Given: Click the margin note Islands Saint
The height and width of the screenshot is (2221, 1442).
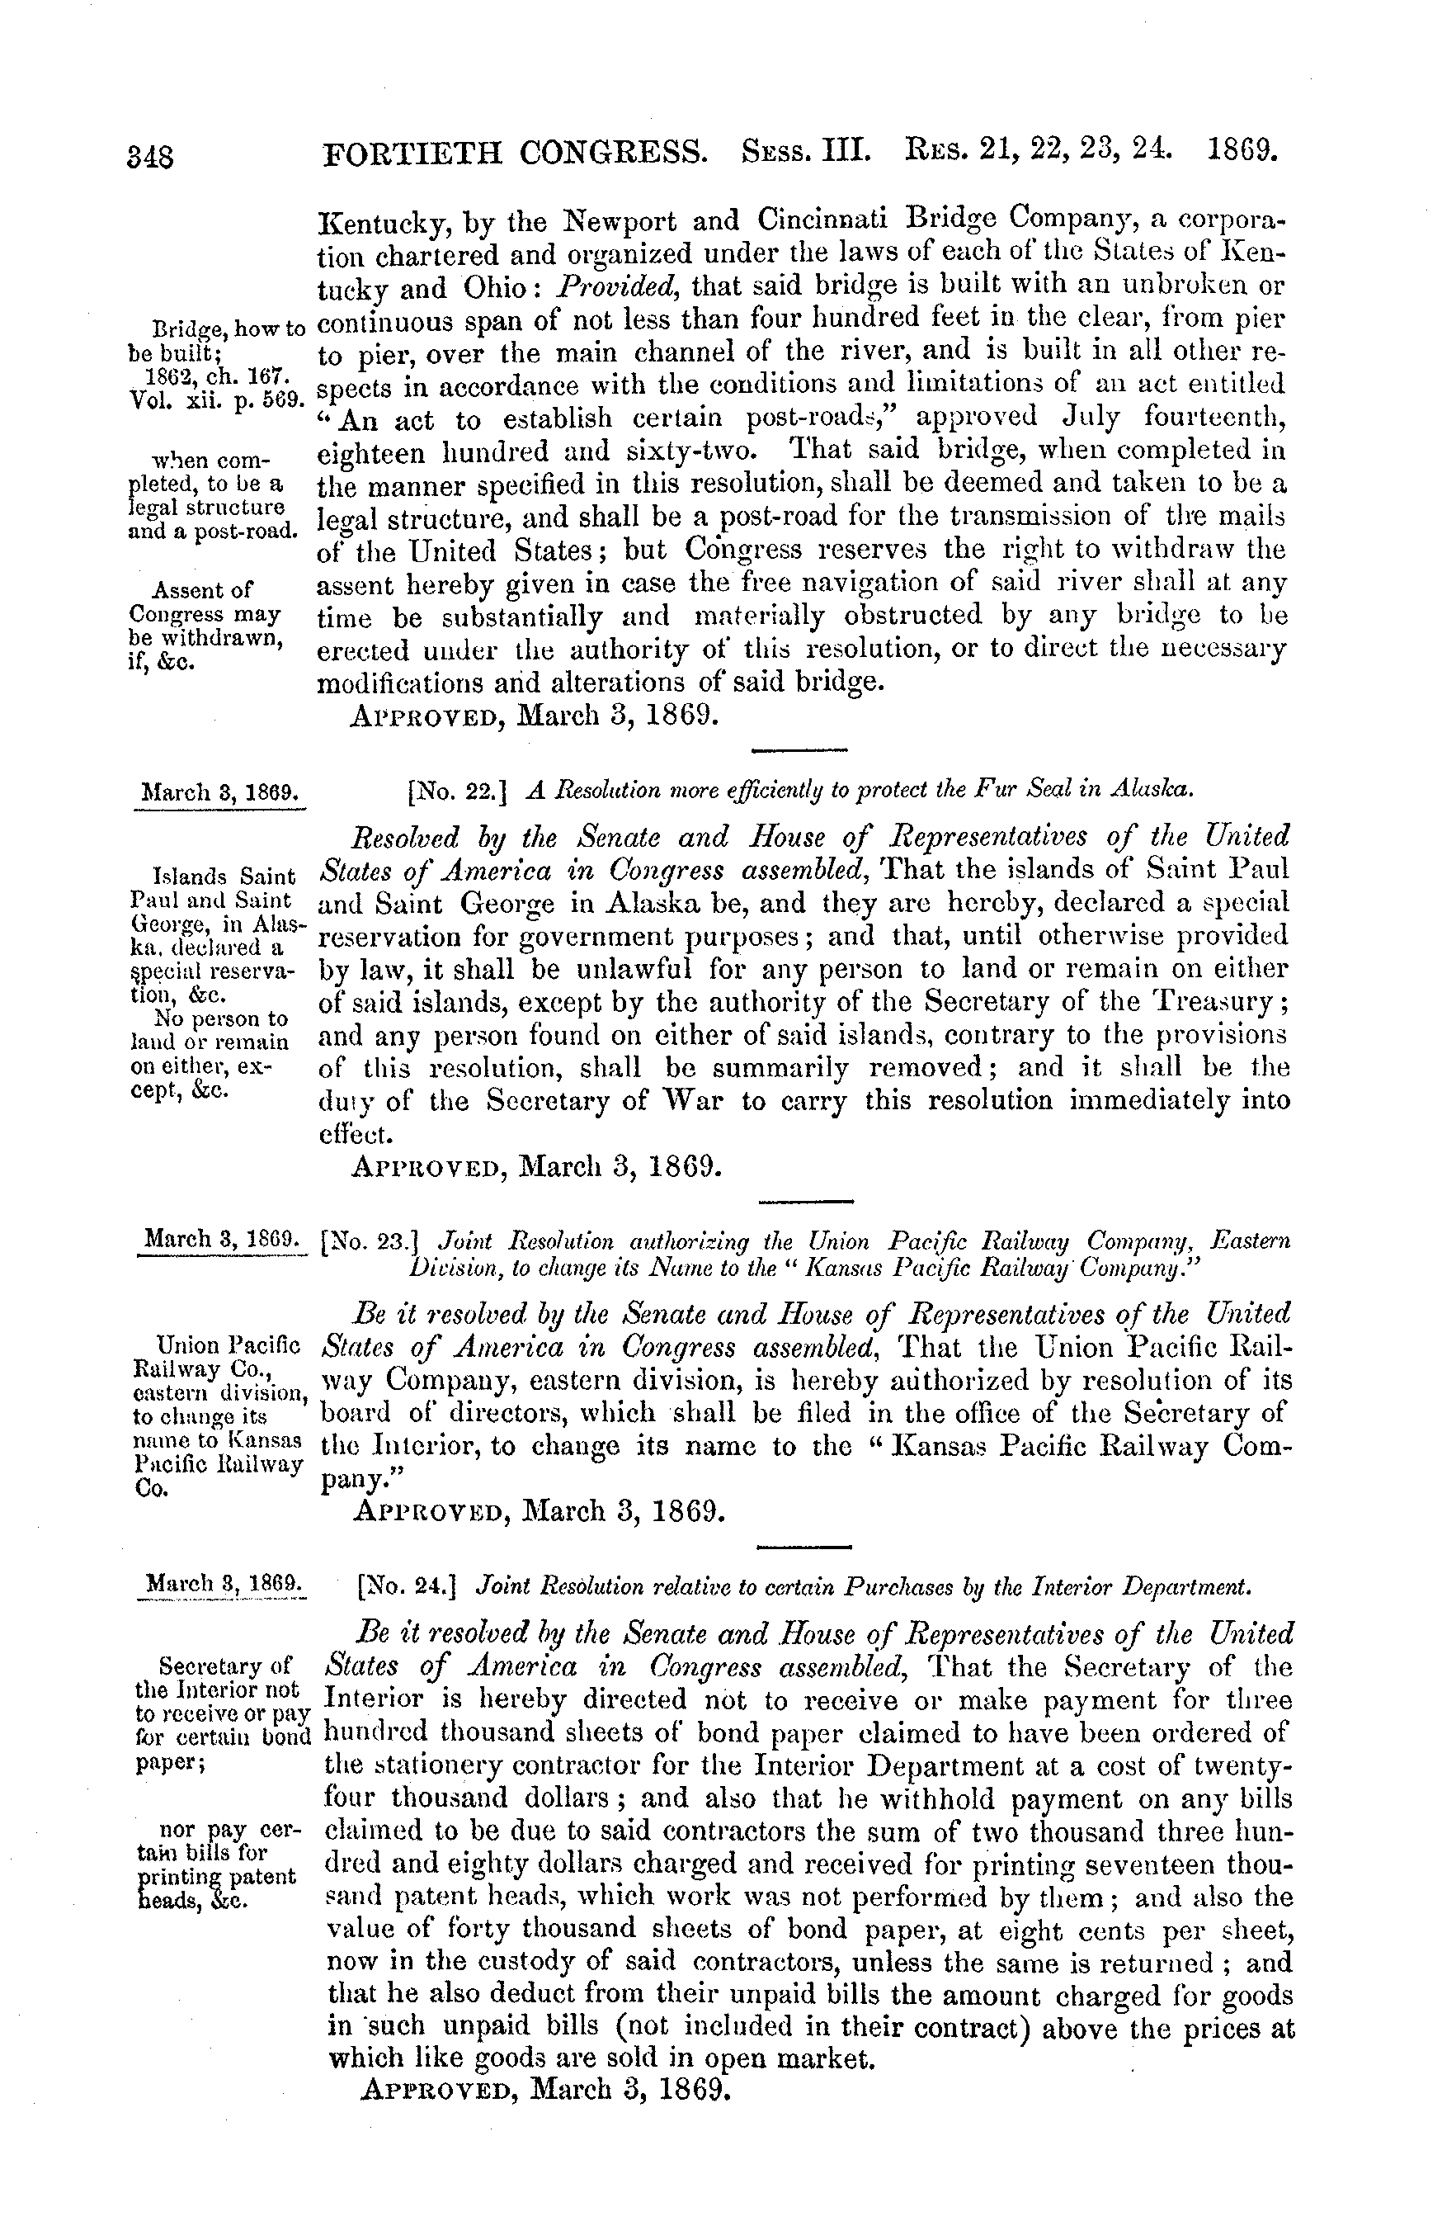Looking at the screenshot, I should tap(224, 877).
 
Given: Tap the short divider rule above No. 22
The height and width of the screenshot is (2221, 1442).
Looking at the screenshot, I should tap(799, 749).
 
